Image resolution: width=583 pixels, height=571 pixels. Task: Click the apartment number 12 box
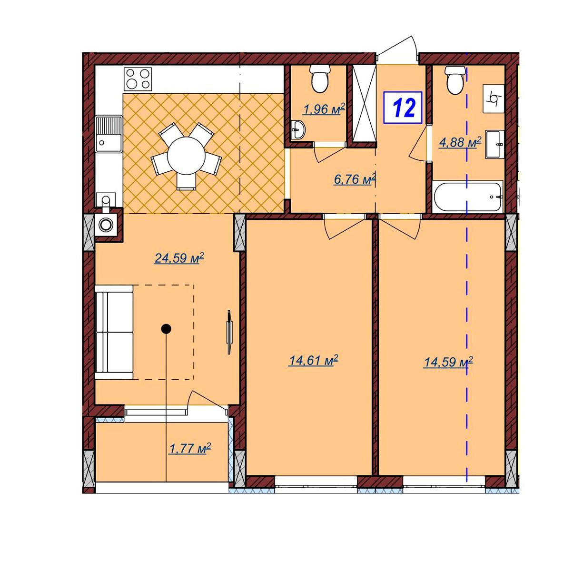point(403,108)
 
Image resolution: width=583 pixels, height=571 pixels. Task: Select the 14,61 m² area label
point(314,360)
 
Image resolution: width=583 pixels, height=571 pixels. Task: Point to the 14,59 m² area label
point(448,362)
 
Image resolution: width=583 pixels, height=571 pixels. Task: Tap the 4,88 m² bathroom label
point(460,142)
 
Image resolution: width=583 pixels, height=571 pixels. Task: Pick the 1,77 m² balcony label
point(190,448)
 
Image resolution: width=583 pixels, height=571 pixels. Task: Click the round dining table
point(187,156)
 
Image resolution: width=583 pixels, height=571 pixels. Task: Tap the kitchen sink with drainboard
point(109,134)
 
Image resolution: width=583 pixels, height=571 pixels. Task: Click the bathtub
point(467,197)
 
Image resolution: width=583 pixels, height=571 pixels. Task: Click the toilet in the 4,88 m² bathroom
point(455,80)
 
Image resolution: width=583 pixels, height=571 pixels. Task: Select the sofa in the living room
point(114,332)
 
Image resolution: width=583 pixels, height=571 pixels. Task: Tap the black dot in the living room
point(166,329)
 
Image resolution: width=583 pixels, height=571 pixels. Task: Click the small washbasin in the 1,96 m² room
point(298,130)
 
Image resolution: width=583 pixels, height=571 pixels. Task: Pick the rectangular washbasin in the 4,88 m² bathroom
point(494,144)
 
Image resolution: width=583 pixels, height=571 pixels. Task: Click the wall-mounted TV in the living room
point(229,332)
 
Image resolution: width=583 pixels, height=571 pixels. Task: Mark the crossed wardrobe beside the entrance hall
point(365,103)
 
